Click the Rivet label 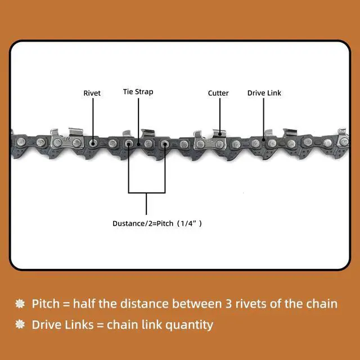point(92,93)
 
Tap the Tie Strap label point(138,92)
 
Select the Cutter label point(218,93)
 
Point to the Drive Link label point(264,93)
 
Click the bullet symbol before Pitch point(20,304)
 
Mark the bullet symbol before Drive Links point(20,325)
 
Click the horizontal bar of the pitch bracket point(146,193)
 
